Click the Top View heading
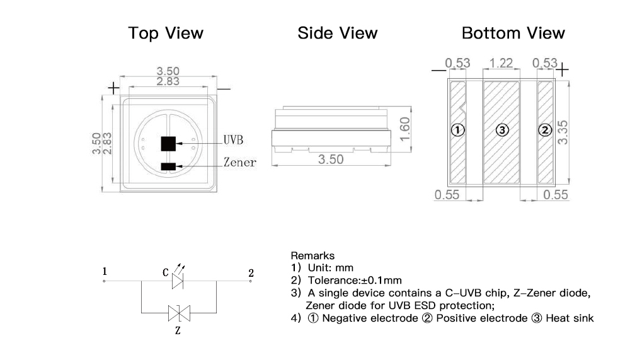click(166, 33)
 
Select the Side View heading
click(338, 33)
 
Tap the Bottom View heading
click(513, 33)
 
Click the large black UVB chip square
click(168, 144)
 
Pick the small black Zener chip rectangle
click(168, 166)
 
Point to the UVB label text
click(233, 140)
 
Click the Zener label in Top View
click(239, 163)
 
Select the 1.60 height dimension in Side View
click(405, 129)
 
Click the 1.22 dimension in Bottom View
click(501, 63)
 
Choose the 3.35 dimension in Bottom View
click(563, 131)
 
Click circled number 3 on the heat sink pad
click(502, 131)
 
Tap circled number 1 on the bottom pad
click(458, 131)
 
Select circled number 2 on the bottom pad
click(545, 131)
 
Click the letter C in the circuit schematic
click(166, 273)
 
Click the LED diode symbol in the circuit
click(178, 282)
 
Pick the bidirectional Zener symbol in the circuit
click(178, 312)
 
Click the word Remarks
click(312, 256)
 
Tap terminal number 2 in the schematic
click(251, 273)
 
